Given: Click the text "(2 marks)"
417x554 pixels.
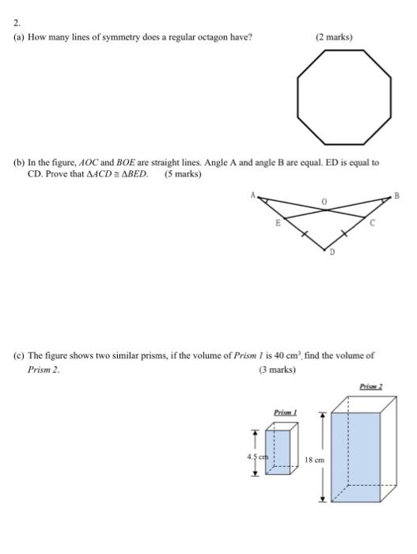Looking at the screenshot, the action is point(334,37).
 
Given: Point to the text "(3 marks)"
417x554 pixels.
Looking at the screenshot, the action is point(277,370).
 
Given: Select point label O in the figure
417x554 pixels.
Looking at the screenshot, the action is point(323,204).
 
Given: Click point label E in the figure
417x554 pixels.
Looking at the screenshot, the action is point(277,224).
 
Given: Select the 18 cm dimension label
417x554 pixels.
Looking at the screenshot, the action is point(315,458).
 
